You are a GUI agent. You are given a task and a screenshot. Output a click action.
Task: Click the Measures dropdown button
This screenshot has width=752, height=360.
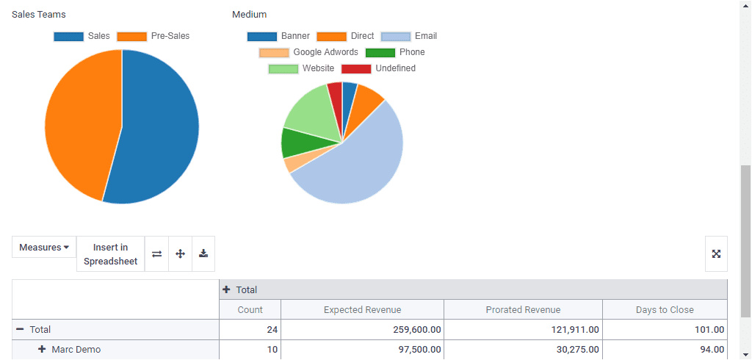point(44,248)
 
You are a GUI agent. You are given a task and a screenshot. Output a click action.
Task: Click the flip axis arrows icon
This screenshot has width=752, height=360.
point(156,253)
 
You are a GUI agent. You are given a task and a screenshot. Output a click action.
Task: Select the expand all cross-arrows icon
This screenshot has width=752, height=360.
point(180,253)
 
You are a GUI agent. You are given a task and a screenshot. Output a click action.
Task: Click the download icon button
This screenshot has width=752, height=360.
point(203,253)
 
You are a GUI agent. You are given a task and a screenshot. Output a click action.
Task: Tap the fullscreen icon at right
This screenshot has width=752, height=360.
point(716,253)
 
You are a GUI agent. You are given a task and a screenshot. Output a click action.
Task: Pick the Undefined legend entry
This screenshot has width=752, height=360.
point(378,68)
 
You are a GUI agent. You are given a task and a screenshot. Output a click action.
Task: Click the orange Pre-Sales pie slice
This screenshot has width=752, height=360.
point(81,125)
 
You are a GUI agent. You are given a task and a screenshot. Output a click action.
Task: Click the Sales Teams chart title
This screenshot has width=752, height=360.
point(39,15)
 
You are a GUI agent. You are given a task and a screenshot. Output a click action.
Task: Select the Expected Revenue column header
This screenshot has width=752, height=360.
point(362,310)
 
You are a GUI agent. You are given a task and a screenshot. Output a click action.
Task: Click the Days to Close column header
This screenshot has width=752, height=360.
point(665,310)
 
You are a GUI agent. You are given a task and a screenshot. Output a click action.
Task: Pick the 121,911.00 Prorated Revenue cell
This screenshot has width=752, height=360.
point(574,330)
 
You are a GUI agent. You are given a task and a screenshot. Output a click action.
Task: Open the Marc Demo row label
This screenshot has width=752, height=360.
point(76,350)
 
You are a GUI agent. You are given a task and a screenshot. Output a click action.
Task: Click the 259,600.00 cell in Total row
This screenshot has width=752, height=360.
point(415,330)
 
